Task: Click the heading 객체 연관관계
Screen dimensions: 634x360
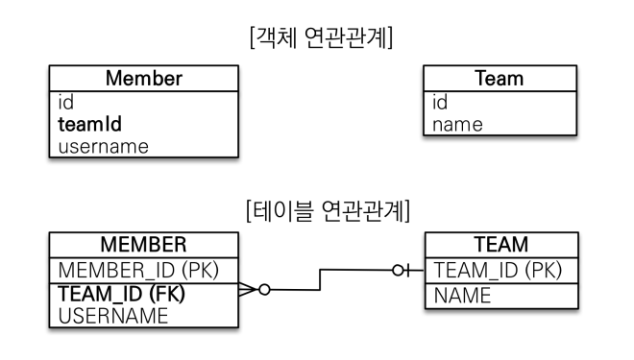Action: [322, 37]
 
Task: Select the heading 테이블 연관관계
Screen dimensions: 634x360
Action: [328, 210]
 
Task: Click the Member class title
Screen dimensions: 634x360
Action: [144, 79]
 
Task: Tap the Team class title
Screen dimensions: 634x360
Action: [500, 79]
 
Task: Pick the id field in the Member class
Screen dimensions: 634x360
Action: [66, 102]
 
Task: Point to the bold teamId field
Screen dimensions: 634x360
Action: [89, 124]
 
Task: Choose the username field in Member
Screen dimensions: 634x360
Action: [104, 147]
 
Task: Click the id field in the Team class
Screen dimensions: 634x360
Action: [440, 102]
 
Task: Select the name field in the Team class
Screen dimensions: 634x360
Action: [457, 125]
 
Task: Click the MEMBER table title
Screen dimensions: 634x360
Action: [143, 245]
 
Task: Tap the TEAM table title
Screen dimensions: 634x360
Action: [501, 245]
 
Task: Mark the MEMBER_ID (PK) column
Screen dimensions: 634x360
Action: [138, 271]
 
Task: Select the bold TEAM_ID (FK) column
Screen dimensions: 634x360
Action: [122, 294]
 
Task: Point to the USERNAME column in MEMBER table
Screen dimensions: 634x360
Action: [113, 316]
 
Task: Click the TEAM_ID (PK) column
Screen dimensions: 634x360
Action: [499, 271]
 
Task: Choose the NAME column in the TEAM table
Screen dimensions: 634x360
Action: [462, 296]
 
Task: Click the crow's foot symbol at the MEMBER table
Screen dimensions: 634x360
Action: [248, 290]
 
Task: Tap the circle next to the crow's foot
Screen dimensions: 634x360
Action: [264, 290]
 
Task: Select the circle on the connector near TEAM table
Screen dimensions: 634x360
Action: [398, 271]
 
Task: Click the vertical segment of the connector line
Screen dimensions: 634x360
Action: [320, 279]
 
